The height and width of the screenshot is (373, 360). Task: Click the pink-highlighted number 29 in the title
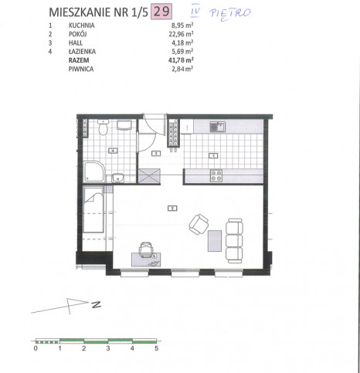click(x=161, y=12)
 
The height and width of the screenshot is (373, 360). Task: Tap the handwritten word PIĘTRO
click(x=230, y=13)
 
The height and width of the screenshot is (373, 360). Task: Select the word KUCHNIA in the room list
click(x=82, y=25)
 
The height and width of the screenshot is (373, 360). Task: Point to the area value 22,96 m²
click(x=181, y=34)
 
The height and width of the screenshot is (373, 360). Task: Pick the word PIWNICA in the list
click(x=81, y=69)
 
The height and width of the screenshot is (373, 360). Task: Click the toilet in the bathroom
click(x=104, y=128)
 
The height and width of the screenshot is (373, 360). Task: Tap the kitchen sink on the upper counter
click(x=218, y=127)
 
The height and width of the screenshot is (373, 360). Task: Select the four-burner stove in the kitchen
click(x=216, y=175)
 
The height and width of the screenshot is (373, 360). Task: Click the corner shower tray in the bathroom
click(x=94, y=171)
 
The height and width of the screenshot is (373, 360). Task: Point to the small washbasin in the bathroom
click(x=118, y=178)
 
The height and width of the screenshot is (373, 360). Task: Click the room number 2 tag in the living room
click(x=172, y=208)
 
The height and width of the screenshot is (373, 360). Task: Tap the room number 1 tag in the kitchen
click(x=213, y=155)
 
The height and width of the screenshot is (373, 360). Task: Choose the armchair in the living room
click(x=199, y=224)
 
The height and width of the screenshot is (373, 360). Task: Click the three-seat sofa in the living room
click(x=234, y=241)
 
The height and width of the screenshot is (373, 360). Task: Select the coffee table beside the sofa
click(x=215, y=241)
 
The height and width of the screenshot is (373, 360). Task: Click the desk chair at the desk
click(x=146, y=249)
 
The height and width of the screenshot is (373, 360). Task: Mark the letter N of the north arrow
click(x=97, y=305)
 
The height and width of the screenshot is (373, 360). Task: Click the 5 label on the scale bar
click(x=156, y=348)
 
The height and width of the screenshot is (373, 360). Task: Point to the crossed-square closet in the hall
click(x=149, y=176)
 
